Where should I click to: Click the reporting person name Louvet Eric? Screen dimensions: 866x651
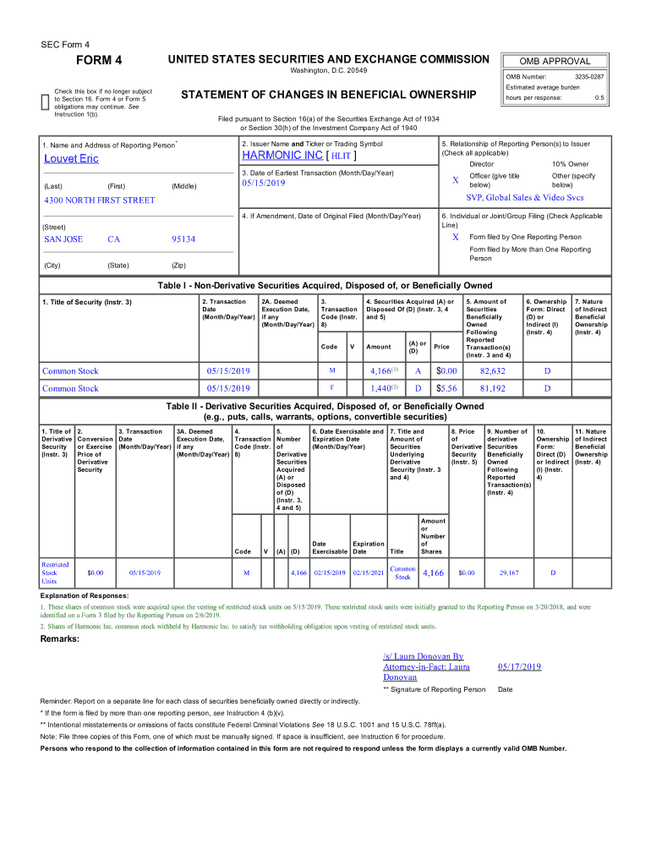[71, 159]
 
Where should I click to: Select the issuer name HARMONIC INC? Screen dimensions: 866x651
[282, 156]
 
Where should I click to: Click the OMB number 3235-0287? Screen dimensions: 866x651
[588, 77]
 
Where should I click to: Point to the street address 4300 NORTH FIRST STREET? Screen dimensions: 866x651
[99, 200]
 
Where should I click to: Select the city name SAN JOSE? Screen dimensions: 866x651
[63, 239]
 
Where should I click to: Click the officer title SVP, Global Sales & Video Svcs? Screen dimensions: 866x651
[524, 198]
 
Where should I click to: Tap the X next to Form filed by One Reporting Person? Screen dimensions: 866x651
[455, 237]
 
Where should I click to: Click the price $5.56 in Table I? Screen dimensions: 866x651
[446, 389]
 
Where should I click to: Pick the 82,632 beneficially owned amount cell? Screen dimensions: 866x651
[492, 371]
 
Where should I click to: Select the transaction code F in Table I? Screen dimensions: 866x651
[331, 389]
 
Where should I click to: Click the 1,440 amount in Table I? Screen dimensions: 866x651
[381, 389]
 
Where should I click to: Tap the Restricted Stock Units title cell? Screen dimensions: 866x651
[56, 573]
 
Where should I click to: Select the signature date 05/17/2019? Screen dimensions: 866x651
[519, 666]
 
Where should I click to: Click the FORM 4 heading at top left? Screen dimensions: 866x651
[100, 60]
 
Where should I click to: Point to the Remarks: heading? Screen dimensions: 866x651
[60, 639]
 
